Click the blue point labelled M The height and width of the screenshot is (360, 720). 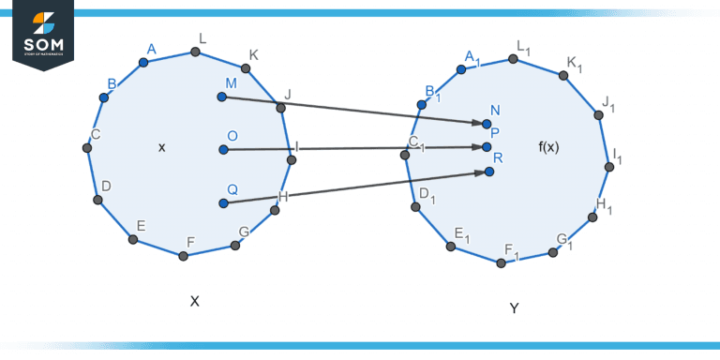click(222, 97)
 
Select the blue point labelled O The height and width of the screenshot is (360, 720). click(223, 149)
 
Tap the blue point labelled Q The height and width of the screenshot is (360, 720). click(223, 202)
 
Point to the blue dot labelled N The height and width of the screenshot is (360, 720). click(487, 124)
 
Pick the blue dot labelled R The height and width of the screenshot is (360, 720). click(489, 172)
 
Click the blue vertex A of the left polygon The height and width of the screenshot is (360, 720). click(143, 63)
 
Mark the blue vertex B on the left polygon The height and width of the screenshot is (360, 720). click(104, 97)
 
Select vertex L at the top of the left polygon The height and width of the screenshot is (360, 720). click(197, 52)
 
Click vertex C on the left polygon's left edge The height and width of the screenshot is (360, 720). click(86, 147)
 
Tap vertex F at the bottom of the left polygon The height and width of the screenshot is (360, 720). click(184, 255)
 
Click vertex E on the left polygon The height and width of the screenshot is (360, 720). click(133, 239)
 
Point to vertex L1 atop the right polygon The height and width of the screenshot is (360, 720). click(513, 59)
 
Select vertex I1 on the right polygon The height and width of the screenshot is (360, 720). click(609, 167)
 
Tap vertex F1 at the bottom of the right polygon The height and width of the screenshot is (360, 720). click(502, 262)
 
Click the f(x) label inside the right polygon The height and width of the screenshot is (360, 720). click(548, 147)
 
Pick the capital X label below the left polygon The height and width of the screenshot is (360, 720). click(195, 301)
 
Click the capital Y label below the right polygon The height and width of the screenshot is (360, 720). click(514, 307)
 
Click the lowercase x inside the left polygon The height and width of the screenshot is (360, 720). click(162, 147)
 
